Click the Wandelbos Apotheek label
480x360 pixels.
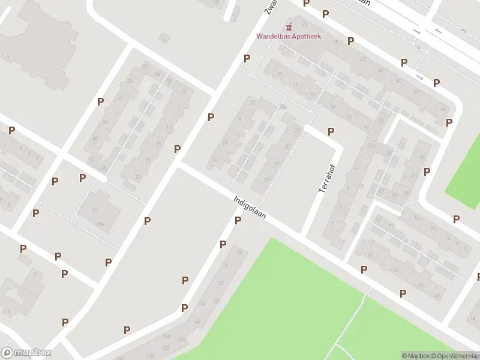point(289,37)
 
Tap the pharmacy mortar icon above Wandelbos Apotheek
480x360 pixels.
point(289,26)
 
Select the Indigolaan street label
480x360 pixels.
point(250,206)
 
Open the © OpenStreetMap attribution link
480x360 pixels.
point(454,356)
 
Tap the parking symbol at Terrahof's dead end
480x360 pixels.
point(331,131)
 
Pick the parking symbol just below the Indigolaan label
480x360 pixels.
point(238,221)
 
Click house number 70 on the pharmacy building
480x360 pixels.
point(305,24)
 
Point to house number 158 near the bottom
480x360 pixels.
point(166,336)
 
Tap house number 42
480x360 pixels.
point(91,159)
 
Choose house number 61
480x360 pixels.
point(370,254)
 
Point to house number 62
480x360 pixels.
point(362,59)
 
